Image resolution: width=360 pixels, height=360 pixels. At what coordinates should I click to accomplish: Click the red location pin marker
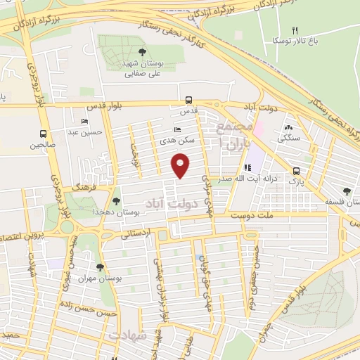click(x=181, y=166)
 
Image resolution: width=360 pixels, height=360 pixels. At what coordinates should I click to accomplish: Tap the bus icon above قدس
click(x=188, y=101)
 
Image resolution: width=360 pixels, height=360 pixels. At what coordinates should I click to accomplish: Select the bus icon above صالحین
click(x=44, y=134)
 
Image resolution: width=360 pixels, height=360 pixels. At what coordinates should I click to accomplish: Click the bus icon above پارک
click(x=297, y=170)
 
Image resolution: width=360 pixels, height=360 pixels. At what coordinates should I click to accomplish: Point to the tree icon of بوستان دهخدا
click(x=116, y=201)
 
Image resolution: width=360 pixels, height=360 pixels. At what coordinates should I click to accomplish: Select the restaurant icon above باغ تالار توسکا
click(x=295, y=30)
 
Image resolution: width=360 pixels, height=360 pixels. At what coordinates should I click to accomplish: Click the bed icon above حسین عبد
click(x=85, y=122)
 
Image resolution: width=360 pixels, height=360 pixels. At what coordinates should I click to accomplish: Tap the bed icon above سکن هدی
click(x=176, y=130)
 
